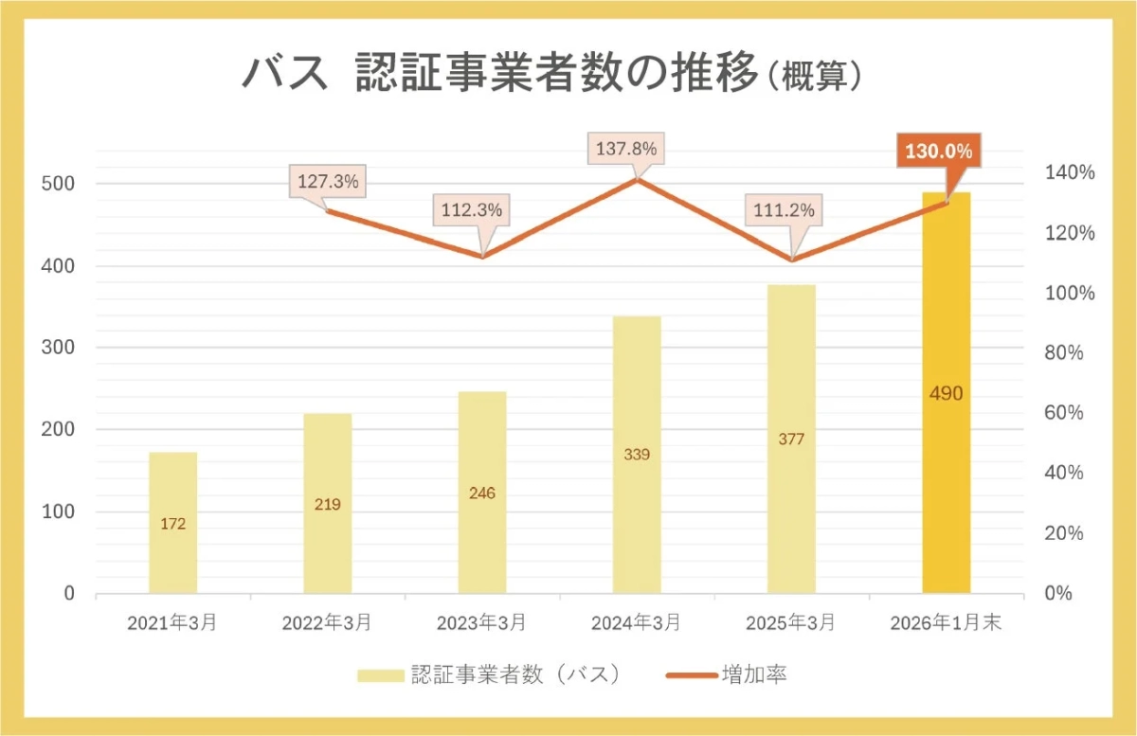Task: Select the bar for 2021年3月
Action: click(172, 523)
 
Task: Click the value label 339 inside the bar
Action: click(637, 455)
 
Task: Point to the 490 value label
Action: click(946, 393)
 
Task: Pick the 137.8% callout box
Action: click(625, 150)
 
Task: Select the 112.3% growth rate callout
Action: click(471, 210)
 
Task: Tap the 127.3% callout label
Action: click(328, 182)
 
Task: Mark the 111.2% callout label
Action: click(783, 211)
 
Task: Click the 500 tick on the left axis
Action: click(58, 184)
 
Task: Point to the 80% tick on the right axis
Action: click(1070, 353)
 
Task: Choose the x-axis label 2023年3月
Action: click(481, 623)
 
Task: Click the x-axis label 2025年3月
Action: click(790, 623)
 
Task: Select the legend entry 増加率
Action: click(726, 675)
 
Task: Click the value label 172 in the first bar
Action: click(172, 524)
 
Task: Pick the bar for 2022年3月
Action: click(327, 503)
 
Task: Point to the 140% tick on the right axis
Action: click(1070, 172)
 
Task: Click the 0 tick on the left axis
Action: click(69, 594)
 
